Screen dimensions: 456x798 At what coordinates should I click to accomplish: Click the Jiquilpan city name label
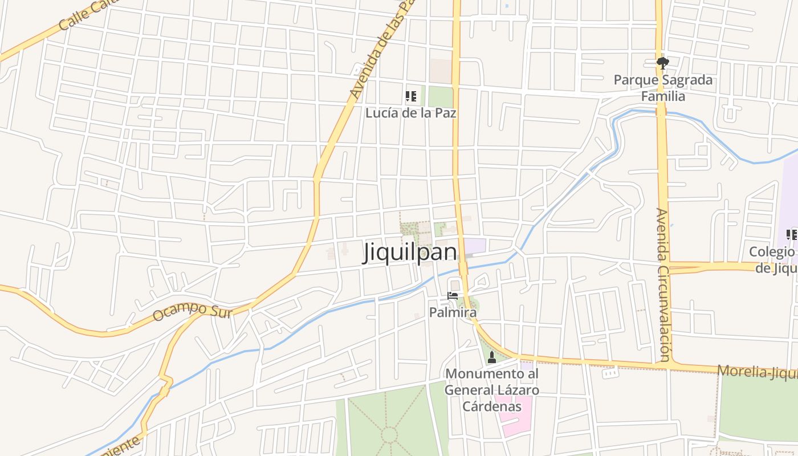tap(410, 253)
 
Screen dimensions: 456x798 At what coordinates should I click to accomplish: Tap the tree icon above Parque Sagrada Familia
tap(662, 63)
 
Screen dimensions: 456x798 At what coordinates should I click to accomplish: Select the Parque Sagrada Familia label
tap(663, 88)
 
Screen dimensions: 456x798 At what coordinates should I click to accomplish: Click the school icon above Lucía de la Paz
tap(410, 96)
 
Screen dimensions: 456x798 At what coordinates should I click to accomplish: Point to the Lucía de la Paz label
tap(410, 113)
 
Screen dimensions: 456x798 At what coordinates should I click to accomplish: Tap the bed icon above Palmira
tap(453, 296)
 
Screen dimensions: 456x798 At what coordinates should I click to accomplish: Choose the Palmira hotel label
tap(453, 312)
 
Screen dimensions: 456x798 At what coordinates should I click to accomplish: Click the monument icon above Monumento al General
tap(492, 357)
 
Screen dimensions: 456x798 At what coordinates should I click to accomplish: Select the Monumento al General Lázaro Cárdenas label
tap(491, 390)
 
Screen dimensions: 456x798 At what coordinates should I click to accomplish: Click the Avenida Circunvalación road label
tap(663, 285)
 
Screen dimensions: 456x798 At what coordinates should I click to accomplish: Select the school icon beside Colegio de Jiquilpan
tap(791, 234)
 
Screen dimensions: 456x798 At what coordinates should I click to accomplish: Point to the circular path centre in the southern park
tap(389, 435)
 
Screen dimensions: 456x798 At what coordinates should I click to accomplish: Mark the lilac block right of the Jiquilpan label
tap(475, 246)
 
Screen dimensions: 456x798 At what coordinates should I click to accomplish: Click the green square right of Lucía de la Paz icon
tap(439, 96)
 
